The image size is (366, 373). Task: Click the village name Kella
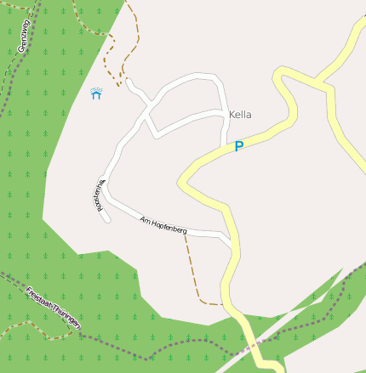240,115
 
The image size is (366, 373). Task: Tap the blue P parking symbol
239,146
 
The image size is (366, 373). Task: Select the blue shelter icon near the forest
96,93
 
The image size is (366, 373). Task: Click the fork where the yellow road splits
318,83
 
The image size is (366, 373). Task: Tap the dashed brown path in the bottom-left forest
34,328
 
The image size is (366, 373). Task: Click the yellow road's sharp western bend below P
181,182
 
